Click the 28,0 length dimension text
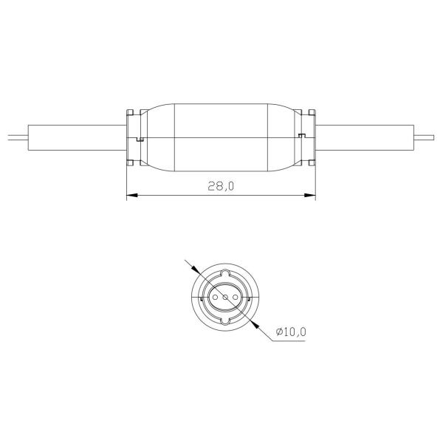(x=221, y=186)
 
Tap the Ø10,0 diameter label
(x=292, y=332)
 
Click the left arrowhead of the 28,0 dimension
(x=132, y=195)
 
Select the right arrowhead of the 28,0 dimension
(x=309, y=195)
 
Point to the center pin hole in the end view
(x=225, y=298)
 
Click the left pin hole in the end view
(x=216, y=298)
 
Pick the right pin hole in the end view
(x=235, y=298)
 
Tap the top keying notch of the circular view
(x=225, y=273)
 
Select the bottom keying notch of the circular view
(x=225, y=321)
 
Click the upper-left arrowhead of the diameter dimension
(x=196, y=269)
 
